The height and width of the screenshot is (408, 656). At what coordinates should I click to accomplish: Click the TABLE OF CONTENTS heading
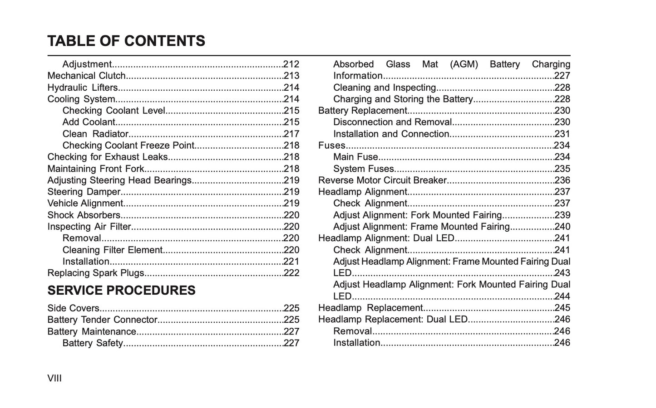126,41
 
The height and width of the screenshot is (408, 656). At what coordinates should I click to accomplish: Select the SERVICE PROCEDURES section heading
121,291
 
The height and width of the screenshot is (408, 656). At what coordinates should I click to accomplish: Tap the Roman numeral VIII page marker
54,378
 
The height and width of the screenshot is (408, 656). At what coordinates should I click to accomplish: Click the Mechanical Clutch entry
86,76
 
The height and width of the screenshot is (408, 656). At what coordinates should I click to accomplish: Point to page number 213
291,76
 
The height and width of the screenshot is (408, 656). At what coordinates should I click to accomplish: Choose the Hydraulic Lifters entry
83,87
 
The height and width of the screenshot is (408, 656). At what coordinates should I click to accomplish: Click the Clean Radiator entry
95,134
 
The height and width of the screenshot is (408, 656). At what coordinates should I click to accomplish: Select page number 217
291,134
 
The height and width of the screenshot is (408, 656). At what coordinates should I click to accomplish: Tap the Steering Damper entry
84,192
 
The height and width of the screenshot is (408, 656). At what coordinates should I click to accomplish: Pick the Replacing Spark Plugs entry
96,273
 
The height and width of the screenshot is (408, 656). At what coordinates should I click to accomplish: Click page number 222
291,273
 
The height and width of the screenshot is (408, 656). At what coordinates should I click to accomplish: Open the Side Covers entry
73,308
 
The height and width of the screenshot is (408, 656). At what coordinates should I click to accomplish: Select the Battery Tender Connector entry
102,320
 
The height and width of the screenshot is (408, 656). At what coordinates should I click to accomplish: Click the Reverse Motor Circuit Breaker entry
382,180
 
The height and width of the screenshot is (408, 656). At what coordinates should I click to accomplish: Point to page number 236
562,180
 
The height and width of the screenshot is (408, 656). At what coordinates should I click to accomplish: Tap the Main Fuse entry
355,157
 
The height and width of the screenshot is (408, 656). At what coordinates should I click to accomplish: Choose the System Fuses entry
363,169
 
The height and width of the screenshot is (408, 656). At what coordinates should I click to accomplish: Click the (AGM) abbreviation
464,64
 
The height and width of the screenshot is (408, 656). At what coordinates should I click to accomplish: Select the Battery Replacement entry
362,111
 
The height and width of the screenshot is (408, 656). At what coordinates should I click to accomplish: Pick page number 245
562,308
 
